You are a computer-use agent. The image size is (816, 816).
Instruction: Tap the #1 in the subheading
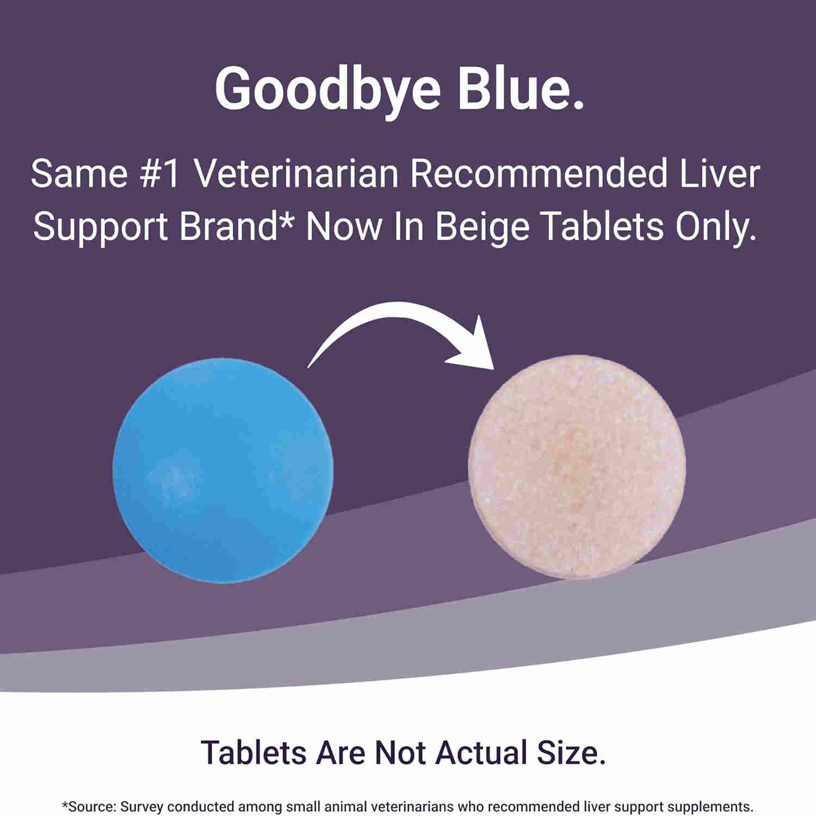[159, 174]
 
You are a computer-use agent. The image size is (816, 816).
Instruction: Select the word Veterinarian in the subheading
[296, 174]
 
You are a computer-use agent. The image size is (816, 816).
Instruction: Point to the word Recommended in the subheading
[539, 174]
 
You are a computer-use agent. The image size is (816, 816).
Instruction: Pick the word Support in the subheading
[101, 227]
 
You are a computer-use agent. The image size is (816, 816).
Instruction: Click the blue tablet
[222, 470]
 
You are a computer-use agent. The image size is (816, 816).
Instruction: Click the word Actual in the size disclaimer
[481, 753]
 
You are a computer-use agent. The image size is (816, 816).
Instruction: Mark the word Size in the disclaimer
[571, 753]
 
